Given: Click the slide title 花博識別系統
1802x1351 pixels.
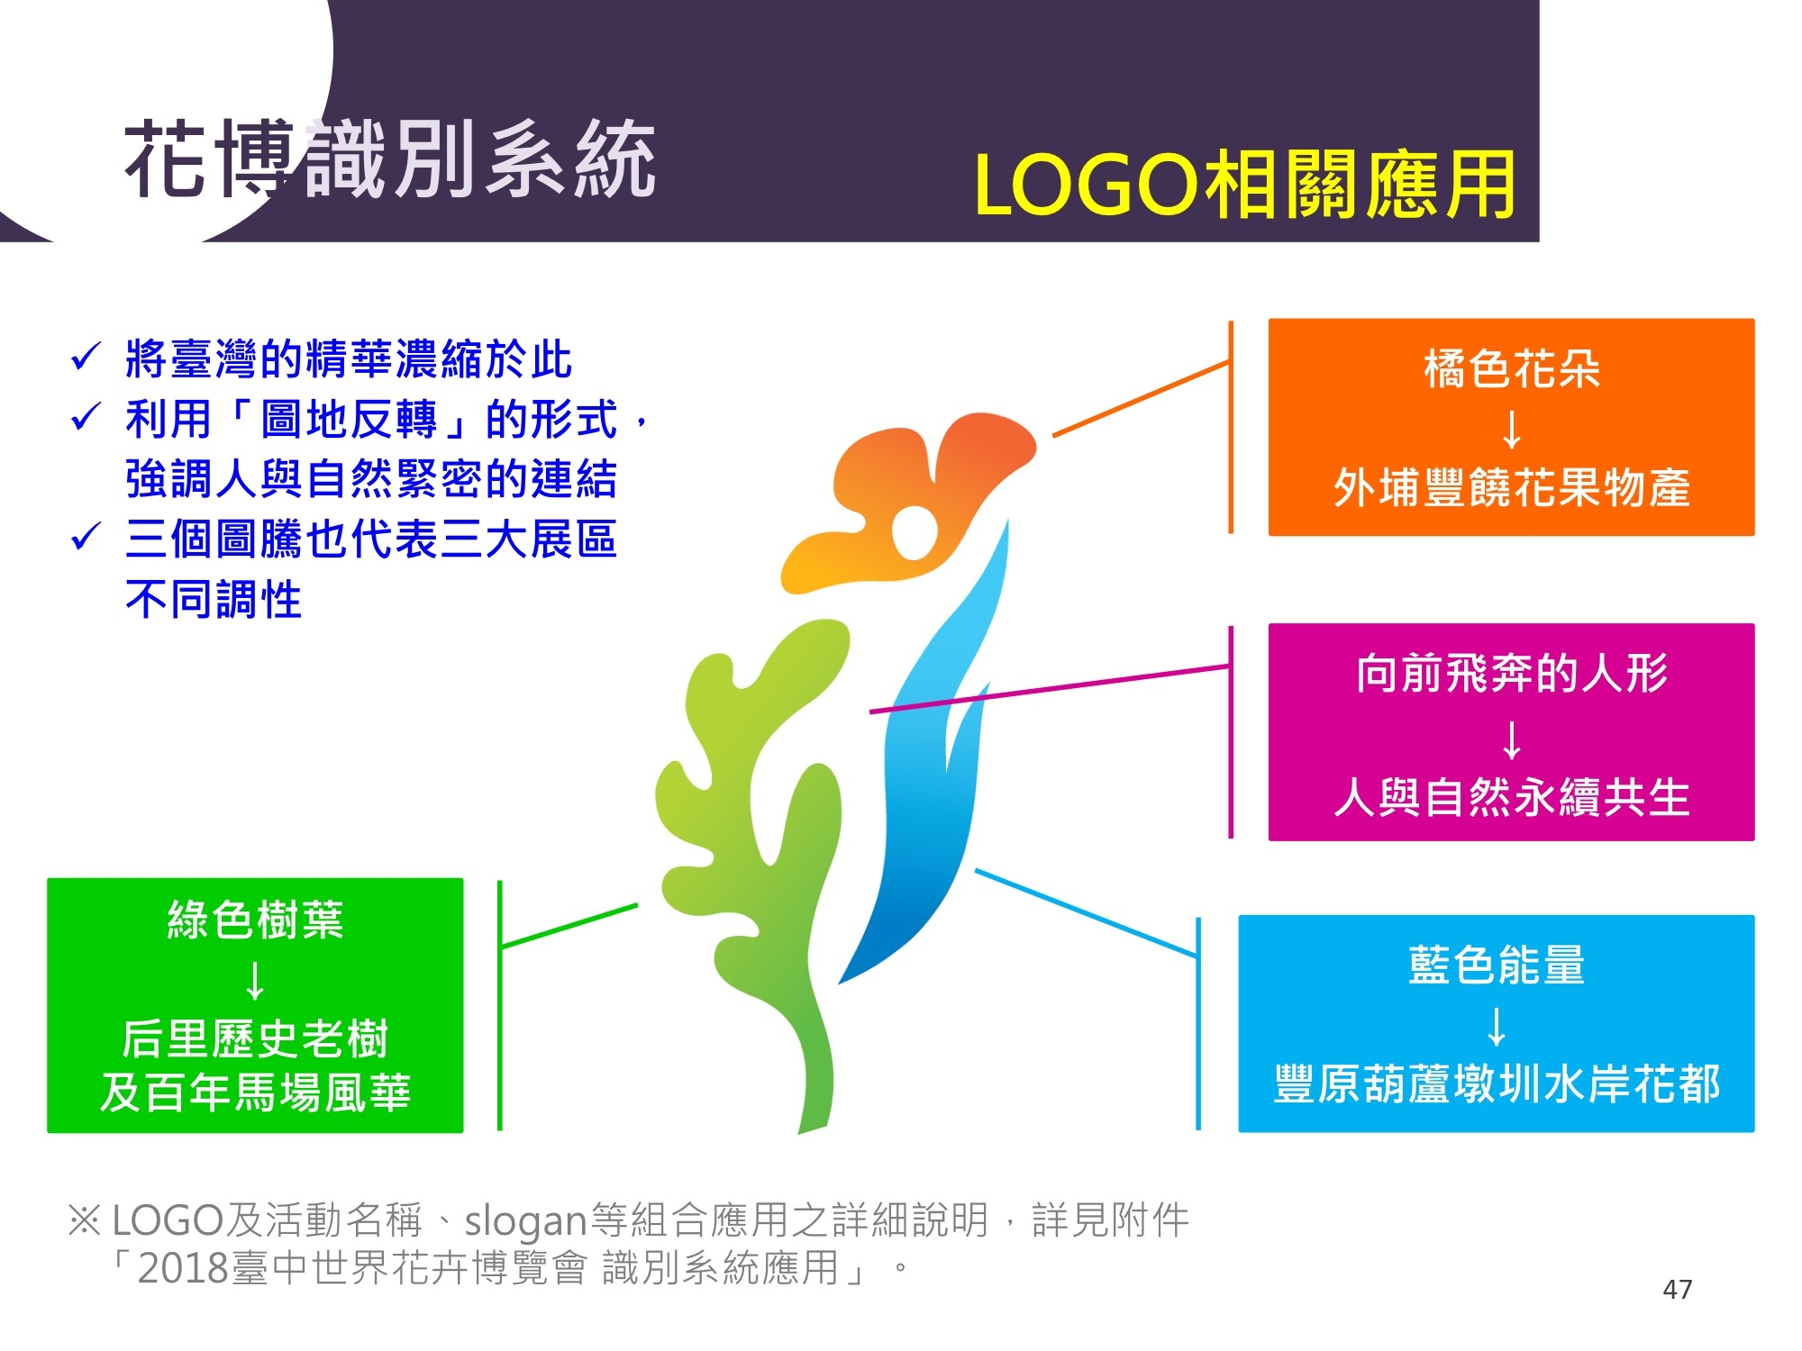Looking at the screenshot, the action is (389, 159).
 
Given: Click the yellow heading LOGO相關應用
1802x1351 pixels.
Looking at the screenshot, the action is (1244, 186).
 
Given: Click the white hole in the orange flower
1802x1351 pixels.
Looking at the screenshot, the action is (914, 531).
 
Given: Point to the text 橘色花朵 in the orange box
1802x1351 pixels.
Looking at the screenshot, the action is (1511, 369).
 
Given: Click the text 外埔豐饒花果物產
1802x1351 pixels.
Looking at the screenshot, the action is (1511, 487).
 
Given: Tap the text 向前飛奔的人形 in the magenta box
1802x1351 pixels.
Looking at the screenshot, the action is (1511, 674).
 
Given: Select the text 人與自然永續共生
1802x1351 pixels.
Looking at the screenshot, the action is (1511, 797).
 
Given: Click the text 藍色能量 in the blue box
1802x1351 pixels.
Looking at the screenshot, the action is (1496, 965).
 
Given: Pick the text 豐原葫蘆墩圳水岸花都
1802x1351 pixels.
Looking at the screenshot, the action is (1496, 1084).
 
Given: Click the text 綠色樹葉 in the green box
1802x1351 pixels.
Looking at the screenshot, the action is (255, 920).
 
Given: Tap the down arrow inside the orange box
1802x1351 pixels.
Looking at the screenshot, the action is (1512, 429).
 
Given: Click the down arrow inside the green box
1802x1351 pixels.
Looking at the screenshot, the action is (255, 981).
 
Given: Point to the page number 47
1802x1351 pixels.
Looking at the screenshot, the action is (1677, 1289).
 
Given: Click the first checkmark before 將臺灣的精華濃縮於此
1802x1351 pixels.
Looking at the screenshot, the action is (86, 358).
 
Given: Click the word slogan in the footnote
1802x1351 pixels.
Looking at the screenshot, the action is (525, 1221).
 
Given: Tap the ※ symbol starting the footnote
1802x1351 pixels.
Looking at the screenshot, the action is (85, 1221).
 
